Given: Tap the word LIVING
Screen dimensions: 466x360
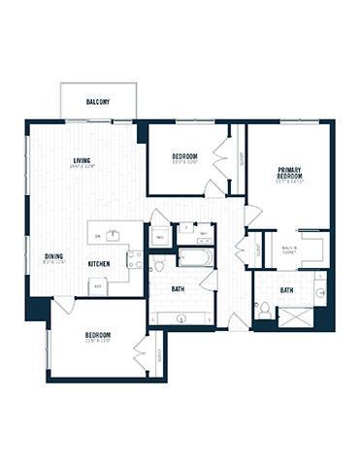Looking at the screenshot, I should pos(82,160).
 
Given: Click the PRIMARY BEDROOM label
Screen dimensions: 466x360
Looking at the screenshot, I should pos(290,172).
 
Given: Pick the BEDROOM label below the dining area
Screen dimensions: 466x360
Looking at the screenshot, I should pos(97,334).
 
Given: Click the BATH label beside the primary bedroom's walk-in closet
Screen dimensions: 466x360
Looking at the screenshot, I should pos(287,290).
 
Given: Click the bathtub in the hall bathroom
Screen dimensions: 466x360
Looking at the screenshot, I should pos(195,258).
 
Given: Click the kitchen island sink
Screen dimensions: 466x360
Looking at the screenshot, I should pos(114,234).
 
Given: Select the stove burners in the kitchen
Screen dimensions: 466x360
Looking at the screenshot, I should pos(134,259).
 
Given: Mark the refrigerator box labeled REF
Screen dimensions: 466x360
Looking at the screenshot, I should pos(98,287).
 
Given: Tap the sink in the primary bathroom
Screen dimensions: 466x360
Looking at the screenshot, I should pos(320,291).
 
